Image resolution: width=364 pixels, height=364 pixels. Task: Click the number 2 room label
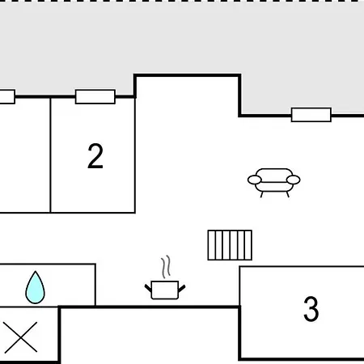pos(95,156)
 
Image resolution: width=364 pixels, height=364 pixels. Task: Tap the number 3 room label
pos(311,309)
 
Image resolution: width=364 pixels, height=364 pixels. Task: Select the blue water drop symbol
pos(35,288)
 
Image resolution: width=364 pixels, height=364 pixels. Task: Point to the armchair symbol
pos(274,183)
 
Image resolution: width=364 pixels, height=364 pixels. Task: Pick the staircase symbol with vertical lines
pos(230,245)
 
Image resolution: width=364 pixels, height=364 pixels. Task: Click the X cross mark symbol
pos(20,337)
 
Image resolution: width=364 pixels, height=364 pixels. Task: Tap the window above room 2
pos(95,97)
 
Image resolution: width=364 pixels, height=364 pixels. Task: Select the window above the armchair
pos(311,115)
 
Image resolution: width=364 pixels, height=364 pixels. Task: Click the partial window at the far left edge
pos(7,97)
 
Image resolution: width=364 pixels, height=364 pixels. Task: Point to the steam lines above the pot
pos(167,266)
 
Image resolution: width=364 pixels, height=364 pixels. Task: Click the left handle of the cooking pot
pos(148,288)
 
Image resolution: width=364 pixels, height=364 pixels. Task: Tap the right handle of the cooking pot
pos(182,289)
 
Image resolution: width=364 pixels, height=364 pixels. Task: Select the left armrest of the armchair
pos(255,180)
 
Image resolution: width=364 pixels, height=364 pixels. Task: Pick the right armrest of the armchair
pos(294,180)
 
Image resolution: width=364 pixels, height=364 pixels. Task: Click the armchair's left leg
pos(261,194)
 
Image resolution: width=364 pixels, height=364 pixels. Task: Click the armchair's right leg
pos(288,194)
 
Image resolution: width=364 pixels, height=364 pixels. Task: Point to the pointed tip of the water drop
pos(36,272)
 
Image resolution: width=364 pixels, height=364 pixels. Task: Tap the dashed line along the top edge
pos(182,1)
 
